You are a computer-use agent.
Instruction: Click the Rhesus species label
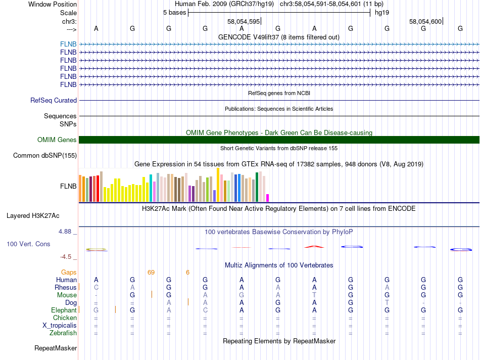(x=66, y=287)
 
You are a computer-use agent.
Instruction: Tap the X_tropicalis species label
(x=60, y=325)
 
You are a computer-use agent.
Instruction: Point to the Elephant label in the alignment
(x=64, y=310)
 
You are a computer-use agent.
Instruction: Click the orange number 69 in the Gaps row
(x=151, y=272)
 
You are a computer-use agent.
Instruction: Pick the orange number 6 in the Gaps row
(x=187, y=272)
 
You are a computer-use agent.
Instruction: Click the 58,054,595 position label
(x=244, y=21)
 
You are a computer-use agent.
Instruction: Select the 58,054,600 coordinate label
(x=426, y=21)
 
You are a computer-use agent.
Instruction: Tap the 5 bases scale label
(x=174, y=13)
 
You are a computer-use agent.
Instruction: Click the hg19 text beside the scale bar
(x=381, y=13)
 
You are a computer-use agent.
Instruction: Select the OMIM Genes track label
(x=57, y=140)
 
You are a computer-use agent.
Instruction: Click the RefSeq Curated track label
(x=54, y=100)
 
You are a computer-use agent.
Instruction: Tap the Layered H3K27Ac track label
(x=33, y=215)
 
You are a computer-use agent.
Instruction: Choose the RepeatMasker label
(x=56, y=348)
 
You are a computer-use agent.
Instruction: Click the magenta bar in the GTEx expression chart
(x=268, y=198)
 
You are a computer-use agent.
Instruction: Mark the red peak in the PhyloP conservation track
(x=314, y=246)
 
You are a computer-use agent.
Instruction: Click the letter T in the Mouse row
(x=314, y=295)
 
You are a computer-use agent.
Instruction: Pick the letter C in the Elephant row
(x=205, y=310)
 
